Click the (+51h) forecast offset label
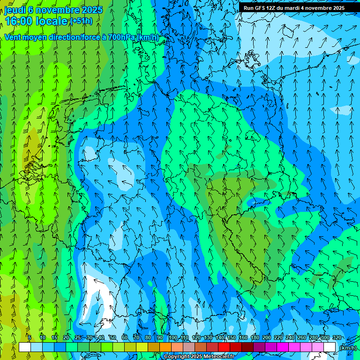[x=81, y=21]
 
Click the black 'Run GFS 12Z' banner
[x=294, y=7]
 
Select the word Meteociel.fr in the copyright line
[x=216, y=357]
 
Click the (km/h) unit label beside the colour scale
[x=347, y=347]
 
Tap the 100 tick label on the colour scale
[x=173, y=338]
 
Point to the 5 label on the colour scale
[x=30, y=338]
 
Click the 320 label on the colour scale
[x=337, y=338]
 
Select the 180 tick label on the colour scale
[x=255, y=338]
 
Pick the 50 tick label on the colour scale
[x=112, y=338]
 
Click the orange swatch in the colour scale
[x=165, y=347]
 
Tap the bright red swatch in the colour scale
[x=224, y=347]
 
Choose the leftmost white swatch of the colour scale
[x=25, y=347]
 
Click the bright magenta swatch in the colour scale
[x=283, y=347]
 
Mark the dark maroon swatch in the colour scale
[x=247, y=347]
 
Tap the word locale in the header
[x=53, y=21]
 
